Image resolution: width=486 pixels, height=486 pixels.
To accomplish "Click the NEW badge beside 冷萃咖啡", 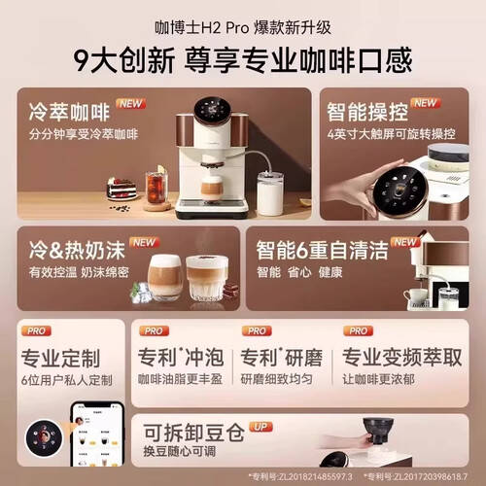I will coord(130,103).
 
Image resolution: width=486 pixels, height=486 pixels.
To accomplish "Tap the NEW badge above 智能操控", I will coord(424,103).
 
